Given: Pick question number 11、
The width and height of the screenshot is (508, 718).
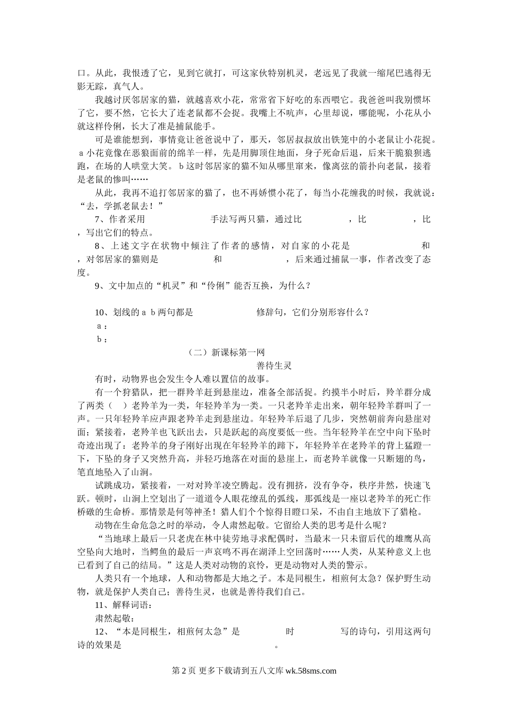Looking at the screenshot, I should (103, 605).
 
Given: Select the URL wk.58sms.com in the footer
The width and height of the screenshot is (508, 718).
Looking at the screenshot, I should (311, 672).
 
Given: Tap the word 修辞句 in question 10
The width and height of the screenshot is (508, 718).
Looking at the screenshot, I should (271, 313).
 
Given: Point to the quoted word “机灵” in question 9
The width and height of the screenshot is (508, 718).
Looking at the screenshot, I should (172, 286).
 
